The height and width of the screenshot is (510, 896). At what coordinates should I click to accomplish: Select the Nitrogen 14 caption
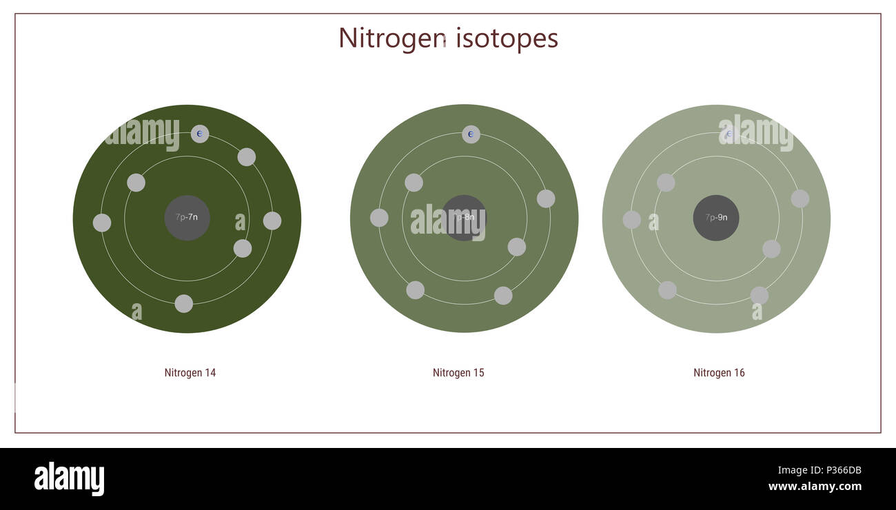point(190,373)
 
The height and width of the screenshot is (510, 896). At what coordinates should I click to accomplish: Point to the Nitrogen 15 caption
point(458,373)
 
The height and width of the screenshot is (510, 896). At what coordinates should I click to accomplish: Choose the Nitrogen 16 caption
point(719,373)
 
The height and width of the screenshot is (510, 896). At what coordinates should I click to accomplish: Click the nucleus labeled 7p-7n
point(187,218)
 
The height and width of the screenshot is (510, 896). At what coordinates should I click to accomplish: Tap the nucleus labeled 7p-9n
point(716,218)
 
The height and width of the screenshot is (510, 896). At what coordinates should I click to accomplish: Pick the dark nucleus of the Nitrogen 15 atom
point(464,218)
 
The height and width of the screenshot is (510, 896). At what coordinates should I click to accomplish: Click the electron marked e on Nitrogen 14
point(200,134)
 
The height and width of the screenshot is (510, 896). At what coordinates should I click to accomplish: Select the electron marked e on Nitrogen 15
point(471,134)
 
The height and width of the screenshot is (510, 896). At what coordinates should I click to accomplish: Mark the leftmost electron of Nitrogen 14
point(102,223)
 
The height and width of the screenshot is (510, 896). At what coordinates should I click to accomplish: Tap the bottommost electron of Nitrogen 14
point(183,304)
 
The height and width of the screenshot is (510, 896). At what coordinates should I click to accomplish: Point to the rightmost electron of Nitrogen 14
point(272,221)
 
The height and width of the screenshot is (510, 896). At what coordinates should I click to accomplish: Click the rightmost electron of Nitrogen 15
point(546,198)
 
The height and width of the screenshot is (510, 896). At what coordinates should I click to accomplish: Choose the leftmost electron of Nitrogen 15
point(379,218)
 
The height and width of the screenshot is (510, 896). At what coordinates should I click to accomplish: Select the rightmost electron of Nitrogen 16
point(800,198)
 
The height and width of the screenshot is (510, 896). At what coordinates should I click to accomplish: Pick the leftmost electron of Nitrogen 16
point(631,220)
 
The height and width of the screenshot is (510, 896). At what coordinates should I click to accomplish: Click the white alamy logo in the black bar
point(69,479)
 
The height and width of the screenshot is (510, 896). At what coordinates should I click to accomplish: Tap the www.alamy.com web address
point(815,487)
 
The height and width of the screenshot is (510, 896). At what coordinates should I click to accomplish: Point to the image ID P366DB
point(838,471)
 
